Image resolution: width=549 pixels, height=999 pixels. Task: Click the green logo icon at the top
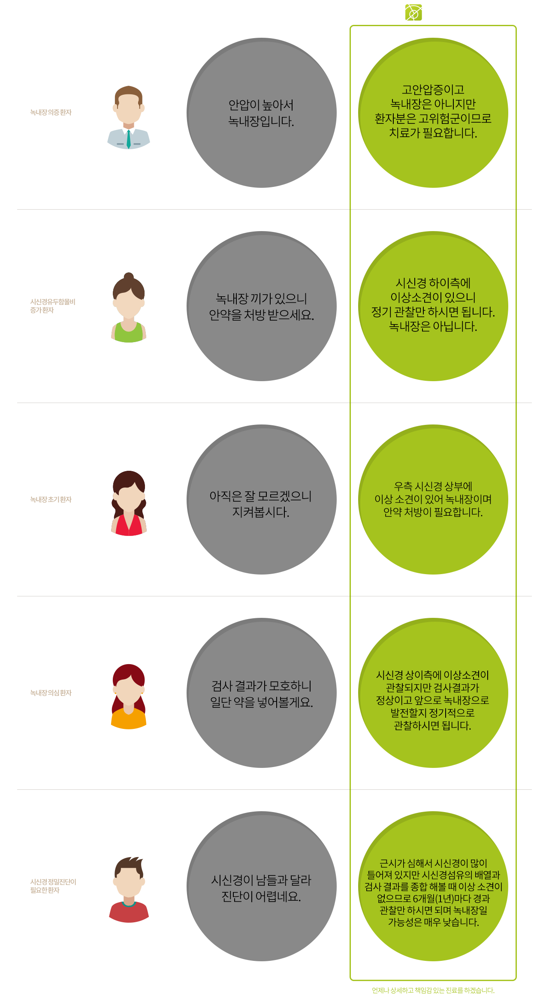(x=413, y=12)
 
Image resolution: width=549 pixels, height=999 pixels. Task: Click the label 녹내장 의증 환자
(x=51, y=112)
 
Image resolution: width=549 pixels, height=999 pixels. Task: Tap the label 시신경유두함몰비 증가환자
(x=53, y=306)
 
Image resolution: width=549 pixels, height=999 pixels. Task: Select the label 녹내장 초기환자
(x=51, y=499)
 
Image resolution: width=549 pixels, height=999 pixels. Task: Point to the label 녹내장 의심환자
(x=51, y=693)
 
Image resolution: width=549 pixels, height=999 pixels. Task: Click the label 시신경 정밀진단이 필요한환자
(x=53, y=886)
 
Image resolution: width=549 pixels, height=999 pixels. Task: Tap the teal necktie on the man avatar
(x=128, y=139)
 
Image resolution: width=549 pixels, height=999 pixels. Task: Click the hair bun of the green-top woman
(x=129, y=276)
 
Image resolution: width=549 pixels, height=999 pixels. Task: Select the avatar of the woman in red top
(x=129, y=503)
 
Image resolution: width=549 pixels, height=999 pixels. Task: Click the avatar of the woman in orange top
(x=129, y=697)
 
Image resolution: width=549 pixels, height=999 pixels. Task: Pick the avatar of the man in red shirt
(x=129, y=890)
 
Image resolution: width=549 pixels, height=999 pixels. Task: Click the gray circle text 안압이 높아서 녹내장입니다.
(x=261, y=113)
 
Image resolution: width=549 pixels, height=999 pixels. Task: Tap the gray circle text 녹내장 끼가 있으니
(x=261, y=298)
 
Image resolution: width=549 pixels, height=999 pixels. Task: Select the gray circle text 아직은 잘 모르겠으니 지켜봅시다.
(x=261, y=504)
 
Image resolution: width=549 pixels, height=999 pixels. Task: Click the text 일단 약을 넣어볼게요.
(x=262, y=702)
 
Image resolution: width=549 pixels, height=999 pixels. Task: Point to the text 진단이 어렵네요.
(x=261, y=897)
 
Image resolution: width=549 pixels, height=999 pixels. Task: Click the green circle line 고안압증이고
(x=433, y=90)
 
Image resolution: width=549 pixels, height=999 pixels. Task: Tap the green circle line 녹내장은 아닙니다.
(x=433, y=327)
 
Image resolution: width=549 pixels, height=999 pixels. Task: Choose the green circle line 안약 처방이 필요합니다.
(x=433, y=512)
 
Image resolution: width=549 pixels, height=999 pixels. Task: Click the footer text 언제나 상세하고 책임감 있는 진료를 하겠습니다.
(x=433, y=990)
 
